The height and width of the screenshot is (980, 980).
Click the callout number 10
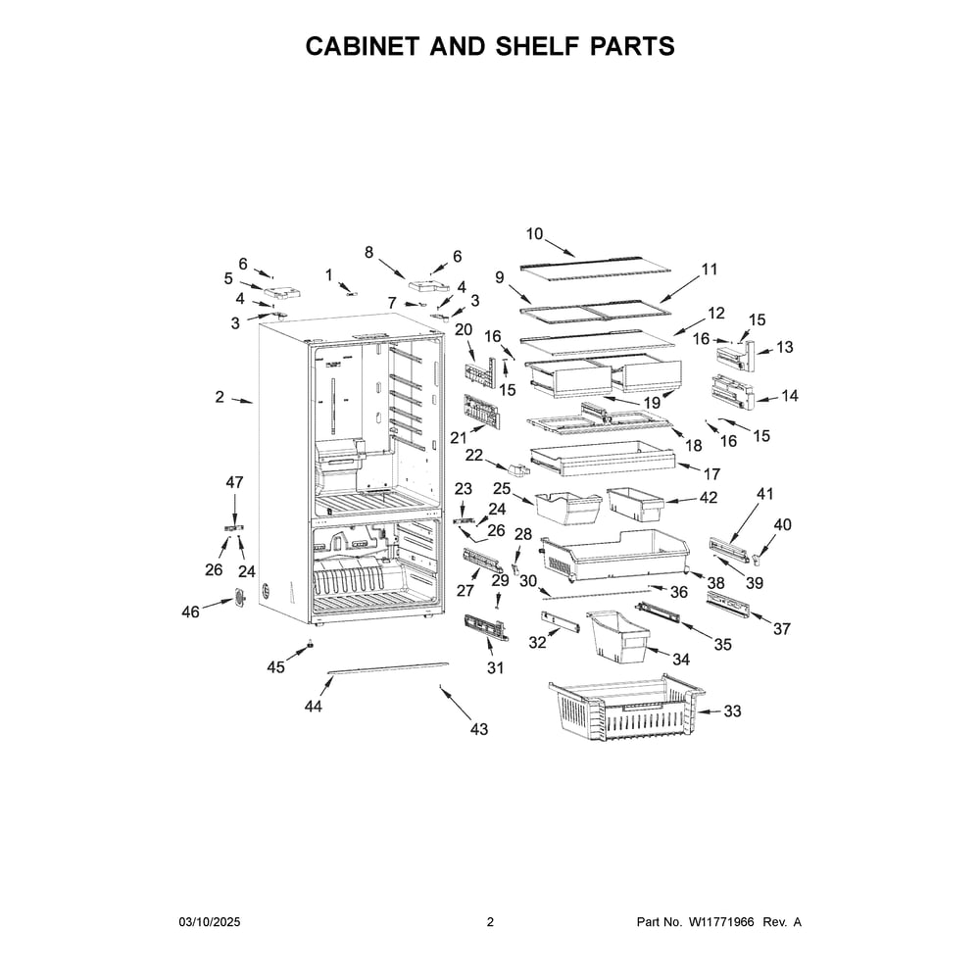coord(534,234)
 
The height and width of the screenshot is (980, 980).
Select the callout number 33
coord(732,710)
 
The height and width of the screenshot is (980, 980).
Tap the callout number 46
coord(191,612)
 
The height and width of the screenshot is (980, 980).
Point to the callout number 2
coord(220,396)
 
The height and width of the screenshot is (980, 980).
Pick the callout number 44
coord(314,706)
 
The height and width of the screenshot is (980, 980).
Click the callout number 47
coord(234,482)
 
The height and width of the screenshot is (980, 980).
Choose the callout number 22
coord(474,455)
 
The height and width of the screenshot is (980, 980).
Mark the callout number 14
coord(790,396)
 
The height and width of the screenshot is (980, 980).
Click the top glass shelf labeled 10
coord(595,269)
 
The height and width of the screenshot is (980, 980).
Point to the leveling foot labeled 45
coord(309,645)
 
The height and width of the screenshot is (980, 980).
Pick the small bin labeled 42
coord(635,504)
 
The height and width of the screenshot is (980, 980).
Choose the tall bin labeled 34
coord(617,637)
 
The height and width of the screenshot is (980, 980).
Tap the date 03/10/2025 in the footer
coord(210,922)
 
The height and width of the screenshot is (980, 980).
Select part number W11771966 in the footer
coord(721,922)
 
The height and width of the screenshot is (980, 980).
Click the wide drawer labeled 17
coord(603,459)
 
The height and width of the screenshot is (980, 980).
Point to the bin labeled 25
coord(568,508)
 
